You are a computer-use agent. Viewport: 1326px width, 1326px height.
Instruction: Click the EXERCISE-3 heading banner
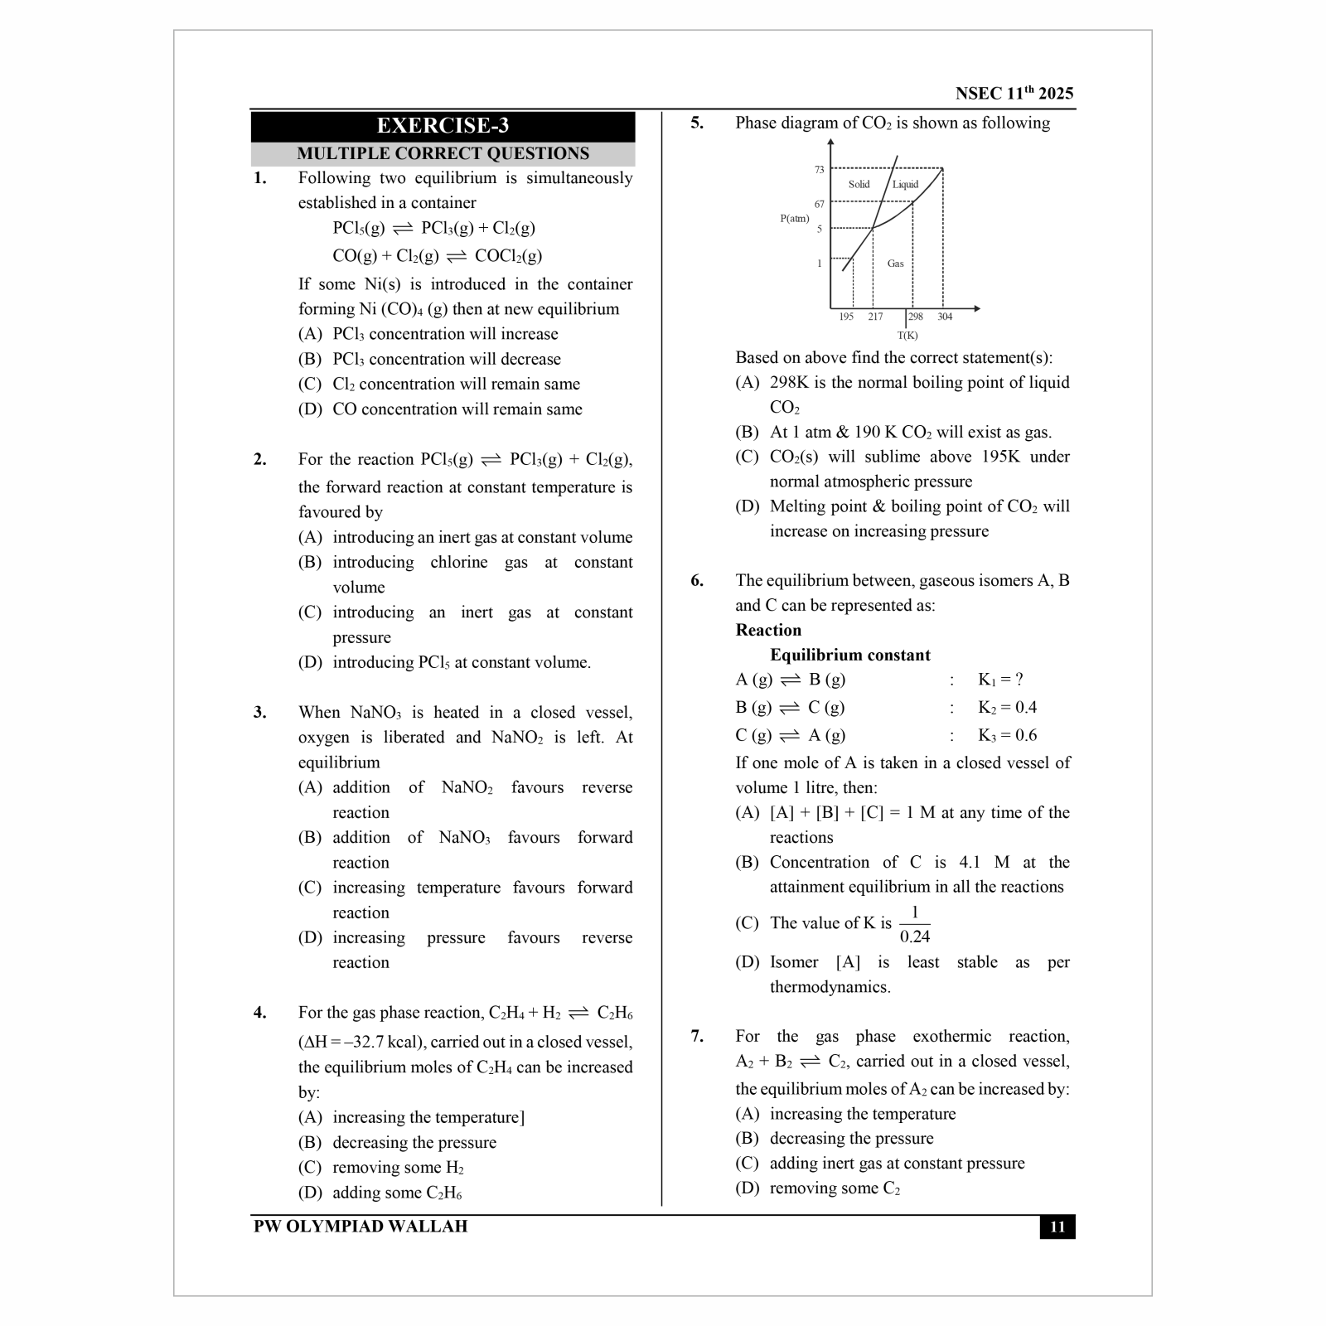[x=443, y=126]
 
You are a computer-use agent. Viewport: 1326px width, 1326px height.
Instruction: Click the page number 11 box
[x=1057, y=1227]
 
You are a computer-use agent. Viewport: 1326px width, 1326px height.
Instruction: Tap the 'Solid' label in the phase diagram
[x=859, y=185]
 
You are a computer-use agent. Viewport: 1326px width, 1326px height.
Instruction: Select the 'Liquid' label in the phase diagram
[x=905, y=185]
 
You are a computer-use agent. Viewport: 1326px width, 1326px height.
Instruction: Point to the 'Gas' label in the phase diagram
[x=895, y=264]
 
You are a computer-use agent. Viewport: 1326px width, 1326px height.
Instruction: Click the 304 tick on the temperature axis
[x=945, y=317]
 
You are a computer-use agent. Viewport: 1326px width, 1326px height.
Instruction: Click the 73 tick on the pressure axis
[x=819, y=170]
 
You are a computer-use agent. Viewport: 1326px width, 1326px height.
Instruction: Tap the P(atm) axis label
[x=794, y=219]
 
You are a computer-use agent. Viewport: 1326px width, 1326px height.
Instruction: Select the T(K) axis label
[x=907, y=336]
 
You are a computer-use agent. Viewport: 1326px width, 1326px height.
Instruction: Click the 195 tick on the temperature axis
[x=845, y=317]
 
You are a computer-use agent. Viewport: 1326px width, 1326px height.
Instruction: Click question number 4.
[x=260, y=1013]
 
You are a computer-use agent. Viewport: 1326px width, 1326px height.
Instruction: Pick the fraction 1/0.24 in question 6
[x=914, y=924]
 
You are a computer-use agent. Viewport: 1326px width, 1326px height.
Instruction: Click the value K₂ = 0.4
[x=1007, y=708]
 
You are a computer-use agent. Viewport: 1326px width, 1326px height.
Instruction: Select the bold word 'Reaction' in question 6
[x=768, y=630]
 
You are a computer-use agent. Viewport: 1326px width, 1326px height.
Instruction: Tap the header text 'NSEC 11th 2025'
[x=1014, y=94]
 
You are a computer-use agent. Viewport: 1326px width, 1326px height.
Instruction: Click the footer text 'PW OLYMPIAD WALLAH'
[x=361, y=1227]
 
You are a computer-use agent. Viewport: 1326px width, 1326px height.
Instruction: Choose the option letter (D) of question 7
[x=747, y=1188]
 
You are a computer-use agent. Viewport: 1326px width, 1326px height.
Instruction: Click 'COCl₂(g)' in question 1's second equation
[x=508, y=256]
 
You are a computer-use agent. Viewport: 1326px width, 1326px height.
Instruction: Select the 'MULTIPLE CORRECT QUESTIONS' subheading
[x=443, y=154]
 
